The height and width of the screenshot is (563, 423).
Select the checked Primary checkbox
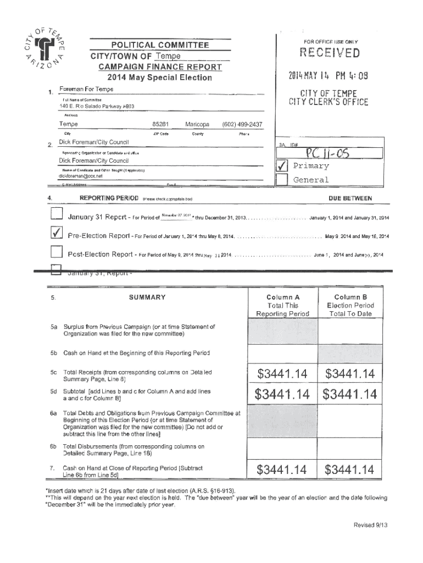(x=281, y=166)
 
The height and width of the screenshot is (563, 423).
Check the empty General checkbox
(x=281, y=180)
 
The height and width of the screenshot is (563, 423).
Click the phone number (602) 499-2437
(x=242, y=124)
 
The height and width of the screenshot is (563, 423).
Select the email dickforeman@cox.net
(x=81, y=176)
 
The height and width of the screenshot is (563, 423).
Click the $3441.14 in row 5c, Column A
(x=282, y=374)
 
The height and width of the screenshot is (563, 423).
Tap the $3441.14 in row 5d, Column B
(x=350, y=394)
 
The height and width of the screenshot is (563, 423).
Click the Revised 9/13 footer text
(x=371, y=525)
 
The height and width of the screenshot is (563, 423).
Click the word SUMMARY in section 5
(x=147, y=297)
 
